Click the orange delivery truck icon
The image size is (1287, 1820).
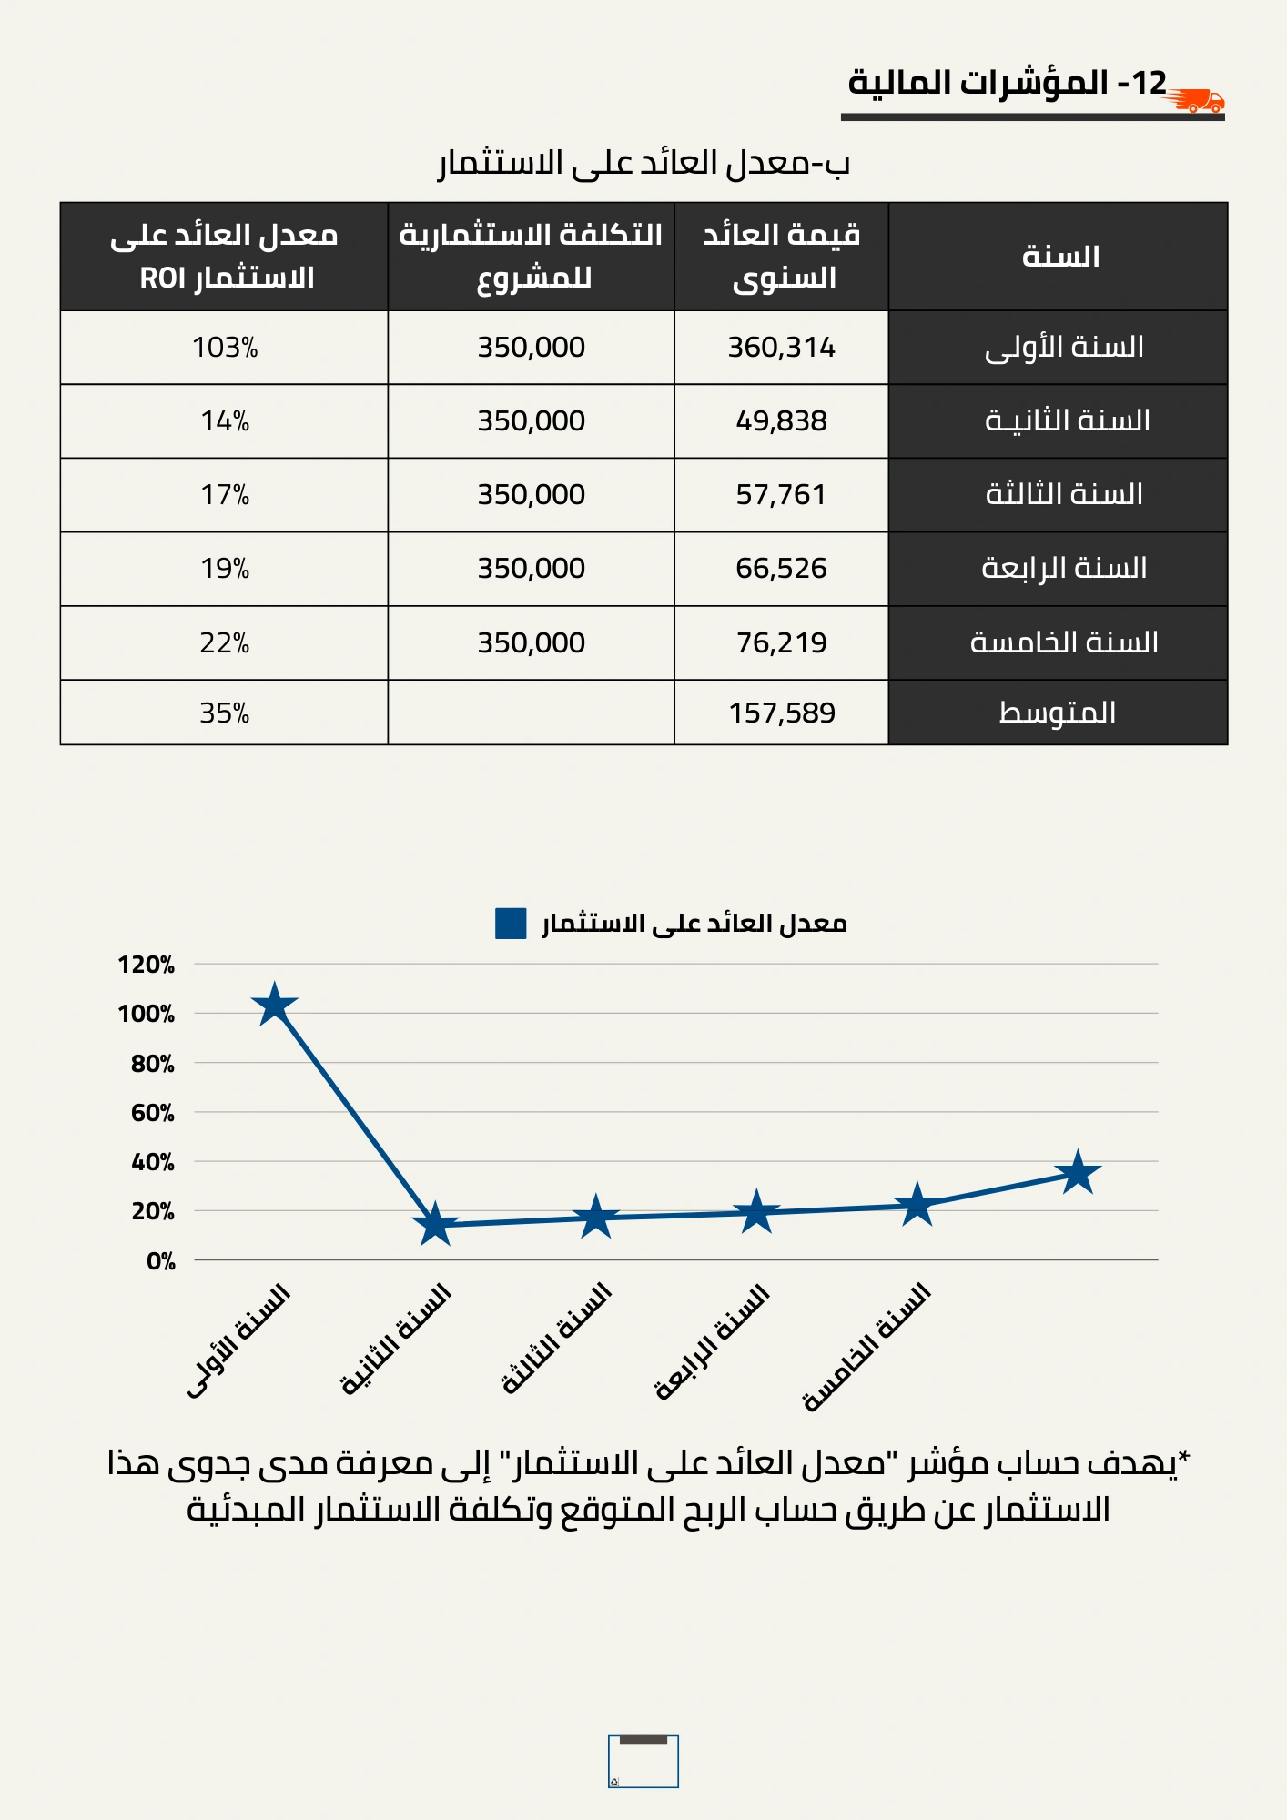tap(1195, 100)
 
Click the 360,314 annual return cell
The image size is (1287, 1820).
tap(781, 347)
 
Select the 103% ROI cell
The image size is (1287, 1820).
tap(225, 347)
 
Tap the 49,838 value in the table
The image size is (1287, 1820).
tap(781, 420)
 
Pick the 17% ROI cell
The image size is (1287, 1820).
tap(225, 494)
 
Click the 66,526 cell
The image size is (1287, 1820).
tap(781, 568)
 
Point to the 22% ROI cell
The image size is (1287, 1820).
tap(225, 642)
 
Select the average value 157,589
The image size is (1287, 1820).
tap(781, 713)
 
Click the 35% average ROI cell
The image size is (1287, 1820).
tap(225, 713)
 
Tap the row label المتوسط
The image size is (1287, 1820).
tap(1058, 712)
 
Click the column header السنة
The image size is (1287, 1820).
tap(1060, 256)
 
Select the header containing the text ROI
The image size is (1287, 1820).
tap(225, 256)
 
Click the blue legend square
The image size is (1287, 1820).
tap(511, 923)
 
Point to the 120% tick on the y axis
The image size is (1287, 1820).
tap(146, 965)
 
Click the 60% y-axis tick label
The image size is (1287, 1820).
tap(152, 1113)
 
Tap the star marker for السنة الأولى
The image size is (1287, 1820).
tap(274, 1005)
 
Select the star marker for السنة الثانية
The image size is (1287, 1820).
tap(435, 1224)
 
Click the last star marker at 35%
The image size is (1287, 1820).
tap(1078, 1172)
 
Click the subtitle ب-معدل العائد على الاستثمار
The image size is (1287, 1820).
tap(643, 163)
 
